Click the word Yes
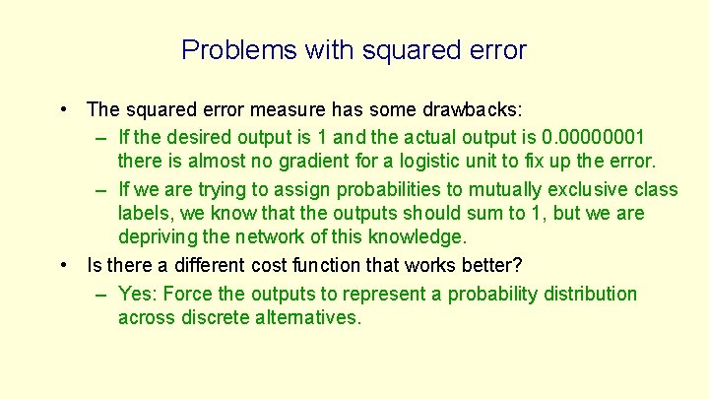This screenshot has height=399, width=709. [x=136, y=294]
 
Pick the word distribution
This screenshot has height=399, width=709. [x=587, y=294]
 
